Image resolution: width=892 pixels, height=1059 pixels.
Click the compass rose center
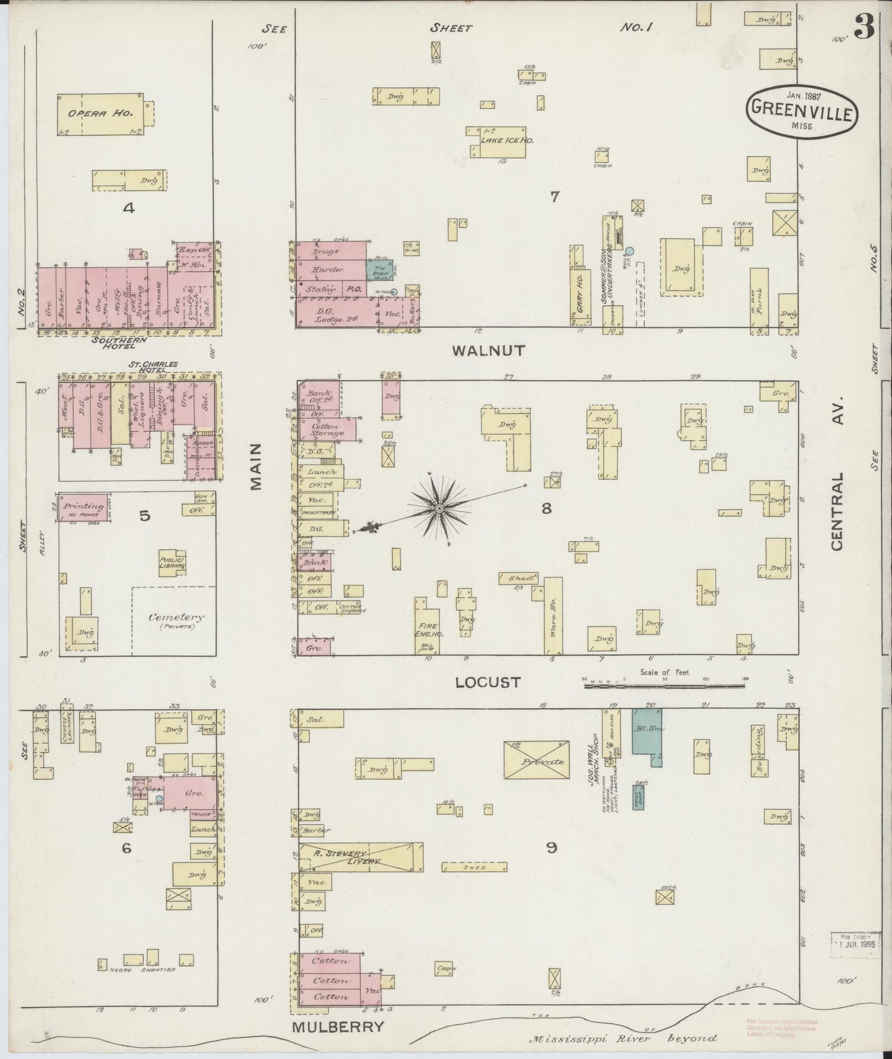[x=439, y=508]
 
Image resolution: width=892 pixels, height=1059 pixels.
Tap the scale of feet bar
[x=665, y=685]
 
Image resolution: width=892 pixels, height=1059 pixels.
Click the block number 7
[x=554, y=197]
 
